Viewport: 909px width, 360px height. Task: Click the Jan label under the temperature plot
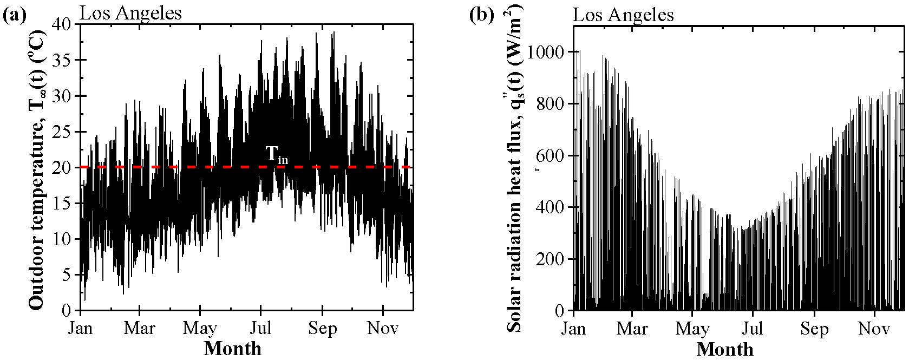point(81,328)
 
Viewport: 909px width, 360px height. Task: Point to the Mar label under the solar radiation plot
point(633,329)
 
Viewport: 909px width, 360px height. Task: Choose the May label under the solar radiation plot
point(693,329)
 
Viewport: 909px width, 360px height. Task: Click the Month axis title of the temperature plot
point(232,348)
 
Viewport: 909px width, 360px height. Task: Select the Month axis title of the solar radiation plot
point(725,349)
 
